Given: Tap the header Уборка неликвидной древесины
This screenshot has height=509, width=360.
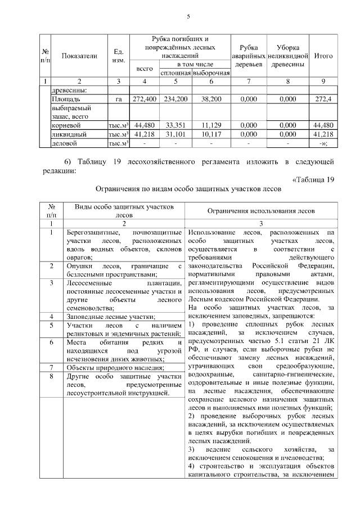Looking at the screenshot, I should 287,56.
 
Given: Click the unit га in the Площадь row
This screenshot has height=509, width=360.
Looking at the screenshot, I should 119,99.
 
